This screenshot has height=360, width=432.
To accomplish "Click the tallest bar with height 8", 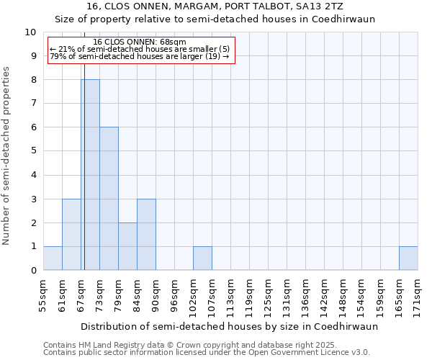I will (90, 175).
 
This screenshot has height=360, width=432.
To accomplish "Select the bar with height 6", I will (109, 199).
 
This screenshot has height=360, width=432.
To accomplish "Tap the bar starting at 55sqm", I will (53, 258).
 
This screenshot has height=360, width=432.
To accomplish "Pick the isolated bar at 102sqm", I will (202, 258).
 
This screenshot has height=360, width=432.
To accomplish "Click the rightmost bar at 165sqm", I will (408, 258).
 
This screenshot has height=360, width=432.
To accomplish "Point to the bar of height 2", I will (127, 246).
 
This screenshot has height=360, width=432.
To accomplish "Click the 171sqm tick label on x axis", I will (418, 294).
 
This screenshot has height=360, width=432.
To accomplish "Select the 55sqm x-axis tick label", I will (43, 294).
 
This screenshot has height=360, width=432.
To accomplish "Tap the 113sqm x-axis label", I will (230, 294).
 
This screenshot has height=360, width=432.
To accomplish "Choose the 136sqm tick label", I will (305, 294).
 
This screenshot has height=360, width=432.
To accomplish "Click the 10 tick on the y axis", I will (30, 32).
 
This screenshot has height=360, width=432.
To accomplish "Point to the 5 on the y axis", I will (33, 151).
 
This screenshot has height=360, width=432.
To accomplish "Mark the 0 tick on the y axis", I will (33, 270).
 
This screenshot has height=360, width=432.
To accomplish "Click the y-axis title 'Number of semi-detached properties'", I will (7, 156).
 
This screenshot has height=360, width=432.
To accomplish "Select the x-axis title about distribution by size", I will (229, 326).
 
